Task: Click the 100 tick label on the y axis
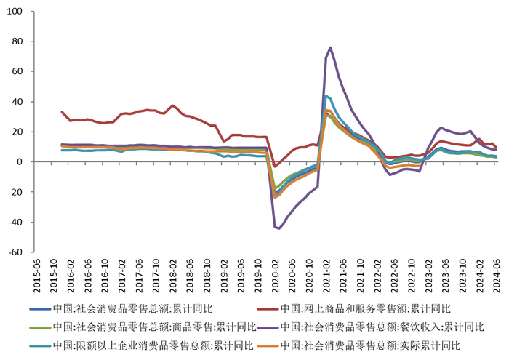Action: click(x=15, y=12)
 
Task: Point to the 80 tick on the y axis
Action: click(x=17, y=41)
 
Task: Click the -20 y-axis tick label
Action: click(x=16, y=192)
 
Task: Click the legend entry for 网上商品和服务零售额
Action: click(x=366, y=308)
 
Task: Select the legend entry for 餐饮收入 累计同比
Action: click(x=382, y=327)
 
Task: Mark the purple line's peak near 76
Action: click(x=330, y=47)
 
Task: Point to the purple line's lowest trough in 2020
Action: click(x=280, y=228)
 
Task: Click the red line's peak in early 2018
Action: click(x=172, y=105)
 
